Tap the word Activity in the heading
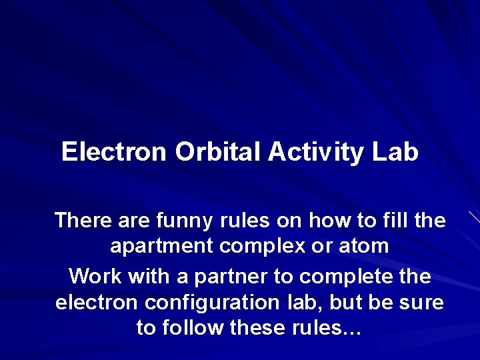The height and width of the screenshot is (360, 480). pyautogui.click(x=317, y=153)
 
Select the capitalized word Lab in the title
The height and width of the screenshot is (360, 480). pyautogui.click(x=395, y=153)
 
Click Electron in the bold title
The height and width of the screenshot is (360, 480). pyautogui.click(x=113, y=153)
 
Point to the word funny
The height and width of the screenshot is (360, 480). pyautogui.click(x=182, y=220)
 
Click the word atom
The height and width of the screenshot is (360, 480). pyautogui.click(x=363, y=247)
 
